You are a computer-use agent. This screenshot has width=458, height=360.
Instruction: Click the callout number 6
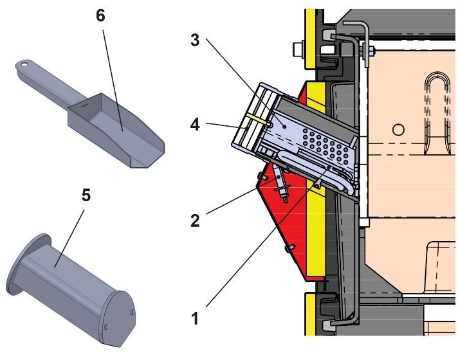(100, 16)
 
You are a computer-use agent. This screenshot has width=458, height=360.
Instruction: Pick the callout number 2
(195, 220)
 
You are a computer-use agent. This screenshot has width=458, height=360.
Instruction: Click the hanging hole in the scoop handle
(24, 64)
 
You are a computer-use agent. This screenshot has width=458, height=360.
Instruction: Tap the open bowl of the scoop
(116, 129)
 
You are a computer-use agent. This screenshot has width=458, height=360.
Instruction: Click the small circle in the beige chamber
(399, 130)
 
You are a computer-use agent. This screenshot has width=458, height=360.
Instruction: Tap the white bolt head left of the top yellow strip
(298, 48)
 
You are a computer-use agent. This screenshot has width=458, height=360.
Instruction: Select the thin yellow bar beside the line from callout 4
(255, 119)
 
